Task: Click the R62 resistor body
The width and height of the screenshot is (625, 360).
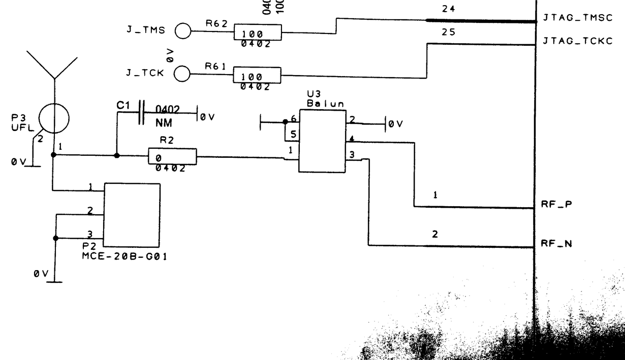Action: click(257, 34)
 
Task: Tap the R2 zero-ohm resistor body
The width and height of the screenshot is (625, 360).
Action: click(172, 156)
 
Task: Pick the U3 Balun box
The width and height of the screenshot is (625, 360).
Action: click(322, 141)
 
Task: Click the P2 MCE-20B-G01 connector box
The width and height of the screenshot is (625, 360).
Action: click(132, 214)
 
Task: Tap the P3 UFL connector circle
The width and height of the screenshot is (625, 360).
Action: click(54, 119)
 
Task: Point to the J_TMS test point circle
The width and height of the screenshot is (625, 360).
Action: click(182, 31)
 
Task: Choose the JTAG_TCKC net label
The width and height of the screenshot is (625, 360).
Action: click(578, 41)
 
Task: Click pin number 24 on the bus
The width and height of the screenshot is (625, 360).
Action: click(449, 9)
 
